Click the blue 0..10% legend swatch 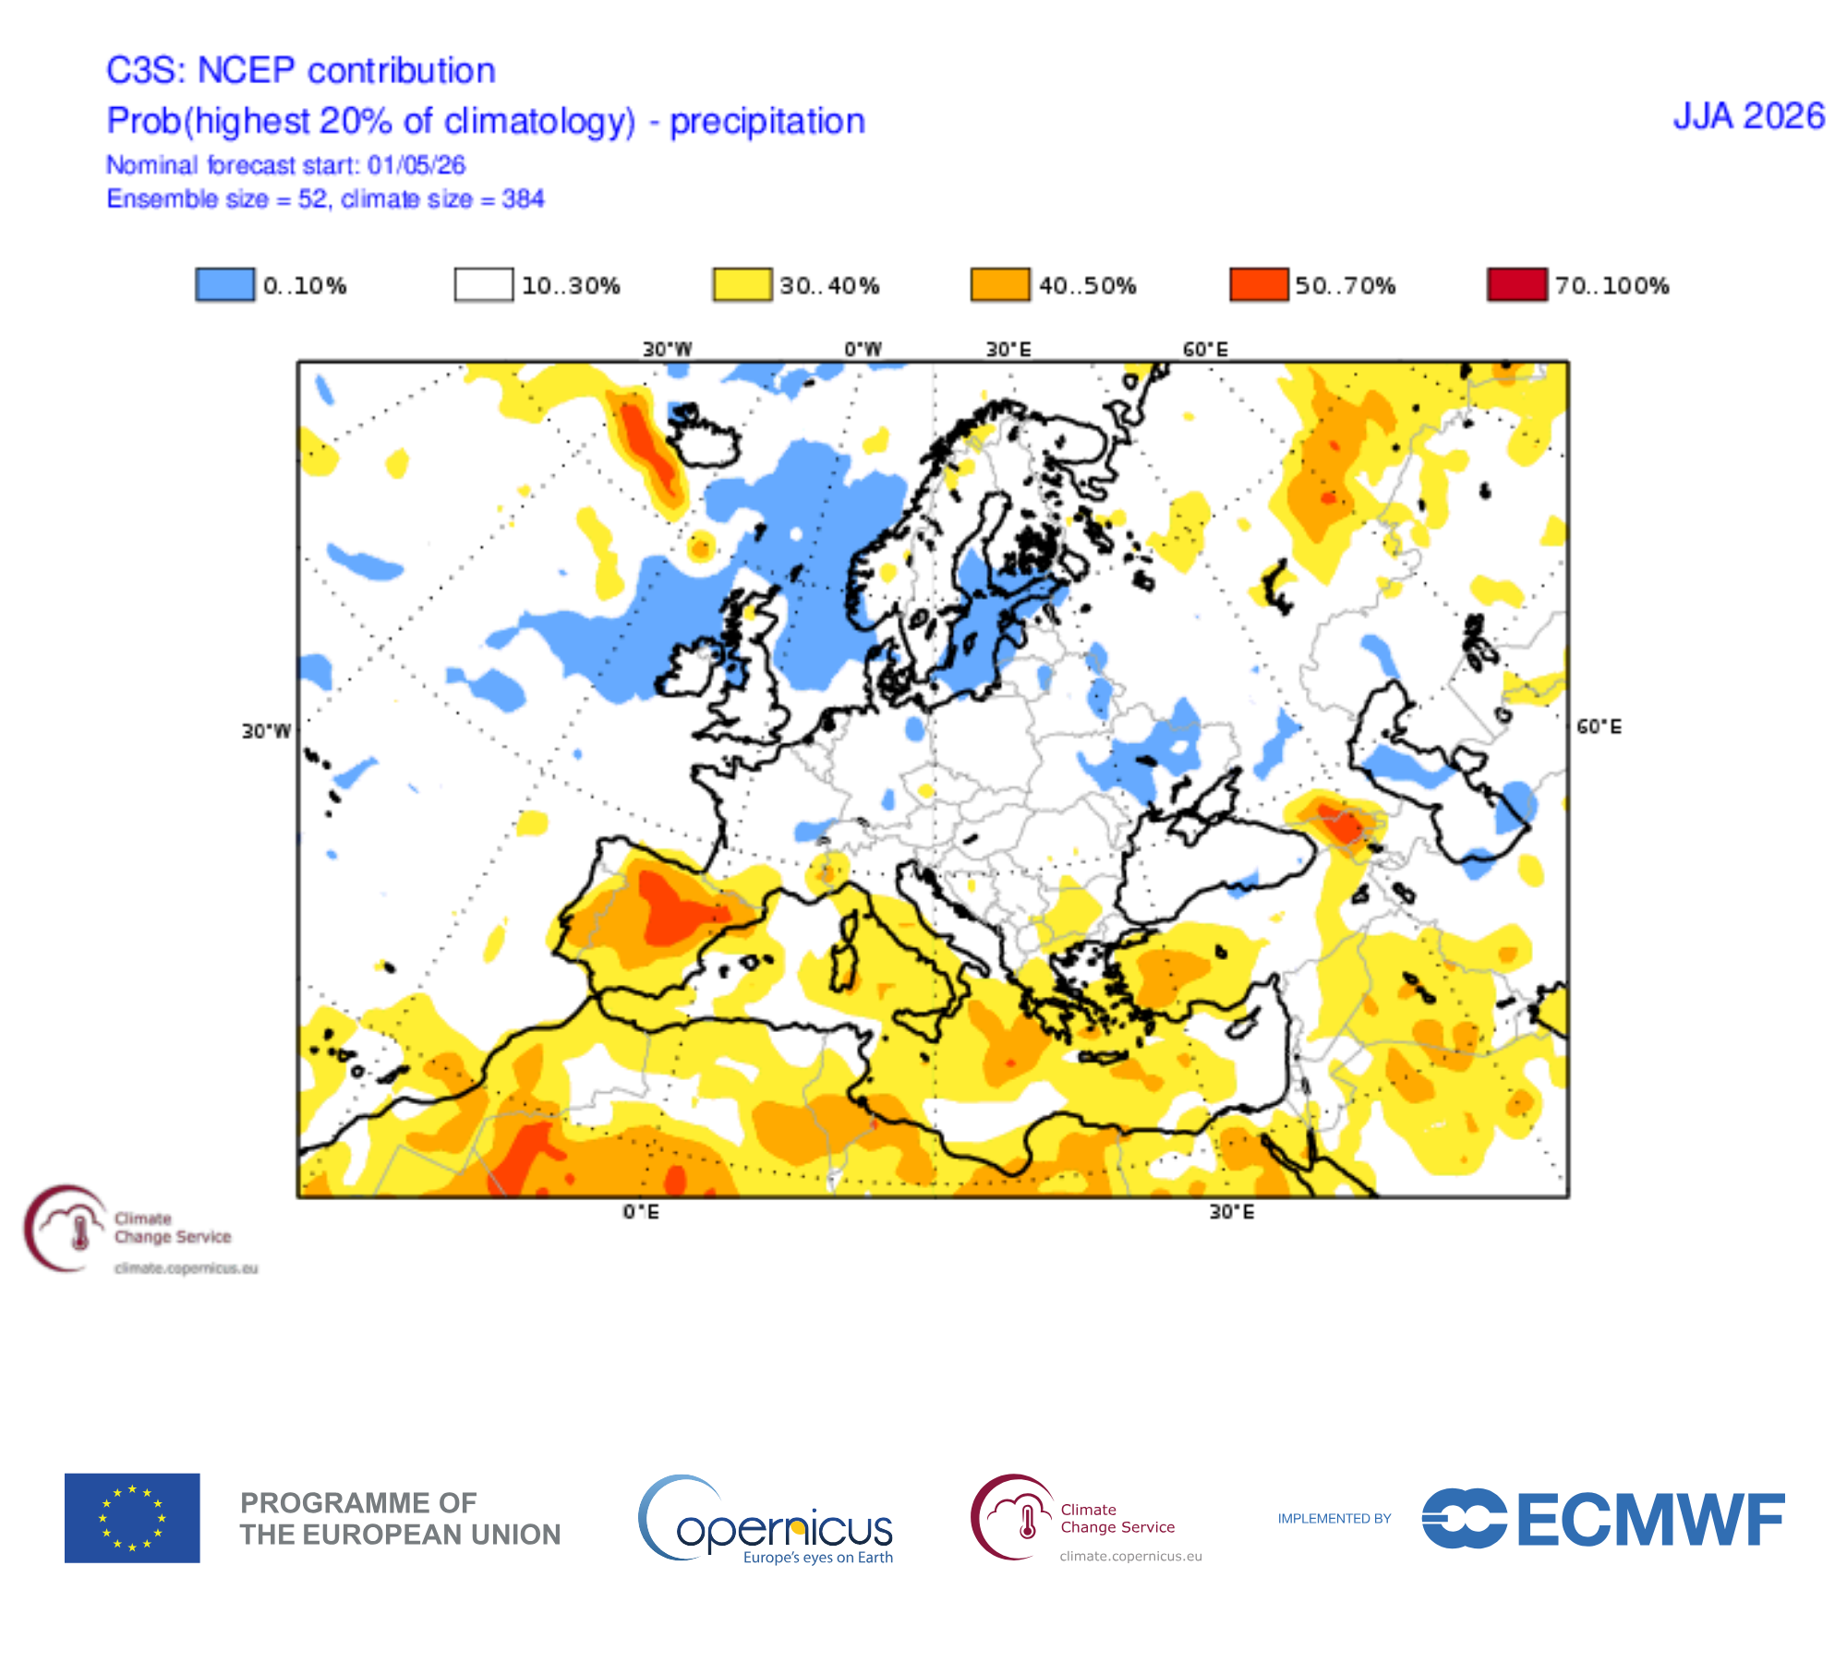coord(224,285)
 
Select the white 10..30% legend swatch coord(483,285)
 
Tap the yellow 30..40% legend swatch coord(742,285)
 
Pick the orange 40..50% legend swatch coord(1000,285)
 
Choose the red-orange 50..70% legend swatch coord(1259,285)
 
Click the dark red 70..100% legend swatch coord(1516,285)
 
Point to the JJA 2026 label coord(1749,116)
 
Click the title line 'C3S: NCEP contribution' coord(301,70)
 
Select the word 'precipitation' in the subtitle coord(767,121)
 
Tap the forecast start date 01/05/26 coord(416,165)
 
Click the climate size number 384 coord(524,199)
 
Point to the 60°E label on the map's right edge coord(1599,727)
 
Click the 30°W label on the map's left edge coord(266,732)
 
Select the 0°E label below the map coord(641,1211)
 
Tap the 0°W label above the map coord(863,349)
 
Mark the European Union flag coord(132,1518)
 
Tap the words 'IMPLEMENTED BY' coord(1334,1518)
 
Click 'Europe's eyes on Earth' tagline coord(818,1558)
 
